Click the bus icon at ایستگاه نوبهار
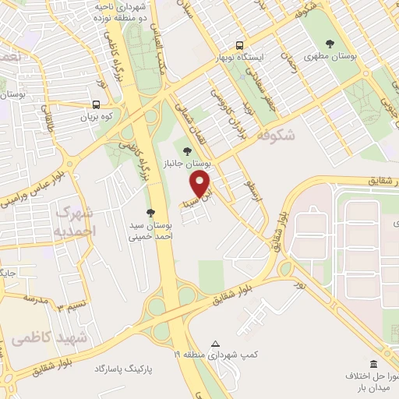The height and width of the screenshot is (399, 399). (x=239, y=45)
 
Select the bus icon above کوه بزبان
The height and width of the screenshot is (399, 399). (x=96, y=104)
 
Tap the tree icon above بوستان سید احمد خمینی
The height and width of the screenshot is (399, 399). (x=150, y=213)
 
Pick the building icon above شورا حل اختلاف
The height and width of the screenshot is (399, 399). (x=373, y=364)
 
